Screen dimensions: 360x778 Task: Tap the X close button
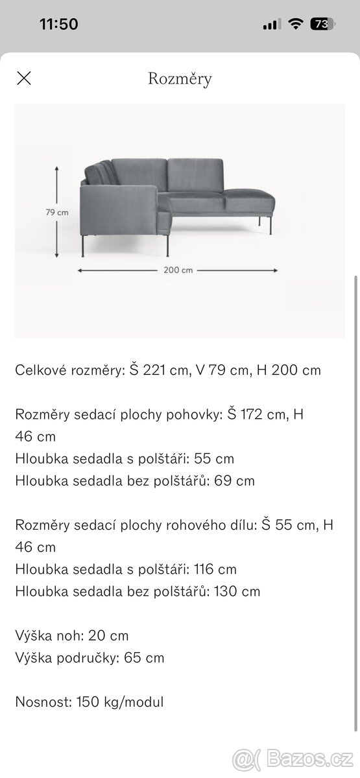point(23,79)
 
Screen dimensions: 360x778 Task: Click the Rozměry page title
point(180,79)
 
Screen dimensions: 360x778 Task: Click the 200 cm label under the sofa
point(178,270)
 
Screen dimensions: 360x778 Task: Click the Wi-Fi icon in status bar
point(296,25)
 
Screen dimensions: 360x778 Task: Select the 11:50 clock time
point(58,25)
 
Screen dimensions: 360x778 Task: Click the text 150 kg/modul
point(120,701)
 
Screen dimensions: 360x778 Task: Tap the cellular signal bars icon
point(272,25)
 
